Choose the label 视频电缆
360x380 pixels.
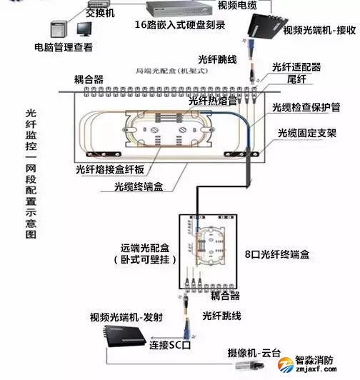pyautogui.click(x=239, y=5)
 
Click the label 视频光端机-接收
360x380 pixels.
pyautogui.click(x=319, y=31)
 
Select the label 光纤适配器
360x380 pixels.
pyautogui.click(x=296, y=68)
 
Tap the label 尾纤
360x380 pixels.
pyautogui.click(x=296, y=79)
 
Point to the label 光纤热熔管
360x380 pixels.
pyautogui.click(x=213, y=101)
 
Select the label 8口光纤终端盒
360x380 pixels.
pyautogui.click(x=276, y=254)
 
